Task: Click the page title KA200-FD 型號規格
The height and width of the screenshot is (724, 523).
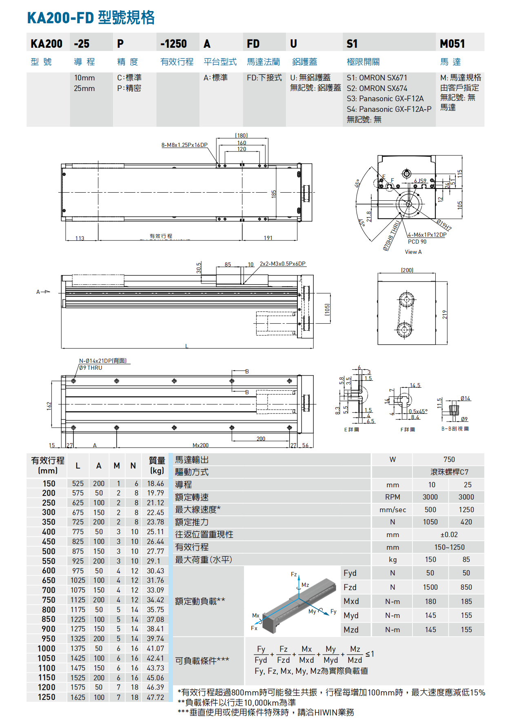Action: click(x=91, y=18)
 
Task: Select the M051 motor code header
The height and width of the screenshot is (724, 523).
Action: click(x=452, y=44)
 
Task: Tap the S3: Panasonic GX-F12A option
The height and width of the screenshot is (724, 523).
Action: click(x=385, y=99)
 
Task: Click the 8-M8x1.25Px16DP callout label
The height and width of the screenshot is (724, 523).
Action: click(x=184, y=145)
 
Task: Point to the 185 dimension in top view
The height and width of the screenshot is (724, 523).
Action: click(x=274, y=193)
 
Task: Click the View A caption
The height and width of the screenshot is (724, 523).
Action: click(x=413, y=252)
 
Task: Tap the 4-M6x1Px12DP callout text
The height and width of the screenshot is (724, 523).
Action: click(x=427, y=235)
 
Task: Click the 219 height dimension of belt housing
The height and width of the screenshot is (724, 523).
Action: click(x=445, y=314)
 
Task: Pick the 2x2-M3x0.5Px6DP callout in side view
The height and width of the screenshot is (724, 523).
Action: click(x=282, y=264)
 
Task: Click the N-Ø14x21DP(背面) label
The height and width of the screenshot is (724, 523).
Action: click(x=103, y=361)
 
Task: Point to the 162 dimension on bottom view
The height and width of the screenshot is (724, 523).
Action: click(x=49, y=405)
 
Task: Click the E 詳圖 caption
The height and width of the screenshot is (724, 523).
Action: click(x=351, y=429)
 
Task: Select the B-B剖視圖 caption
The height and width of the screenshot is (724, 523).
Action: click(x=455, y=429)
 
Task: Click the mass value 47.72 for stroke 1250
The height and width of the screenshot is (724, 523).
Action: click(x=155, y=697)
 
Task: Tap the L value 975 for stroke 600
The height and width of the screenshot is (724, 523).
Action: click(x=78, y=571)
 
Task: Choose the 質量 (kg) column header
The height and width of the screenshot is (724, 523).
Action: click(x=157, y=465)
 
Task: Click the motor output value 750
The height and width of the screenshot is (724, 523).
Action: click(x=449, y=460)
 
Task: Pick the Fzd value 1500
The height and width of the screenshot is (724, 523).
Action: click(x=430, y=587)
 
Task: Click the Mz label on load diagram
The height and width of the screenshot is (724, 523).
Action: click(x=305, y=585)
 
